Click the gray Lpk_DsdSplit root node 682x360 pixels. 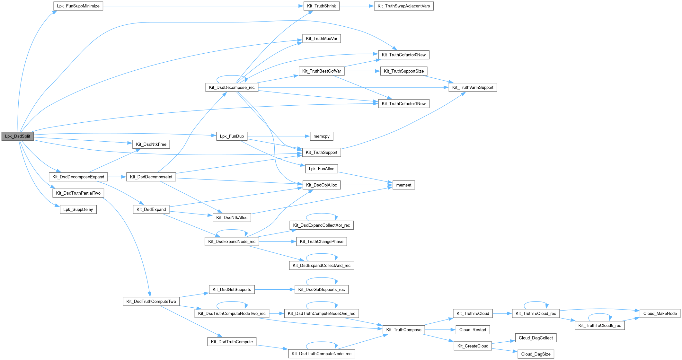(18, 136)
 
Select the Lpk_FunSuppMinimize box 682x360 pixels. (78, 6)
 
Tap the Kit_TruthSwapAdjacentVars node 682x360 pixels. (404, 6)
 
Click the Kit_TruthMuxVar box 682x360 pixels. (322, 39)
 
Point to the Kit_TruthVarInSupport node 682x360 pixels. (473, 87)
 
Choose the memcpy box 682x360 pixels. (322, 136)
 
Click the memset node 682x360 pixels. (404, 185)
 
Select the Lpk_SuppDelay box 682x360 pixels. (78, 209)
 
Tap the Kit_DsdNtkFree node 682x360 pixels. (151, 144)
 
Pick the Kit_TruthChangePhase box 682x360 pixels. (322, 241)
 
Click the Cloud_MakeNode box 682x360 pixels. (660, 313)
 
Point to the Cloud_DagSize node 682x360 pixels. (536, 354)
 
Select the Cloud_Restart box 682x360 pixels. (473, 329)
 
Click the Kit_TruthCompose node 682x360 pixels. (404, 329)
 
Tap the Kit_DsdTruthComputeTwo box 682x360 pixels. (151, 301)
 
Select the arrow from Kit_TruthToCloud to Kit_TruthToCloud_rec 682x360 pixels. (502, 313)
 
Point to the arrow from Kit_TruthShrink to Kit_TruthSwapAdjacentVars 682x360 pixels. (357, 6)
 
